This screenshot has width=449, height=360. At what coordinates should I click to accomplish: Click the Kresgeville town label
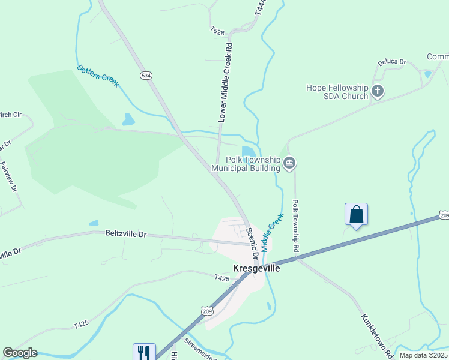pos(256,269)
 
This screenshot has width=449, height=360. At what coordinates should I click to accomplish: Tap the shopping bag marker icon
pos(356,214)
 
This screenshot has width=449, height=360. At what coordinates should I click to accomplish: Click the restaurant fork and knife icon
pos(144,352)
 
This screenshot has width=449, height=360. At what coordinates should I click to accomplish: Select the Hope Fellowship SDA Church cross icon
pos(378,92)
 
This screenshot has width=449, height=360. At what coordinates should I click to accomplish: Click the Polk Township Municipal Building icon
pos(289,163)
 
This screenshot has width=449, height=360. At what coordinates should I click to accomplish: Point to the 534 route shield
pos(146,76)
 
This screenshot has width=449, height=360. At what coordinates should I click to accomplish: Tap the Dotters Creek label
pos(98,76)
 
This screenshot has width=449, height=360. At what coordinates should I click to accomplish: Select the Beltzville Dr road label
pos(125,233)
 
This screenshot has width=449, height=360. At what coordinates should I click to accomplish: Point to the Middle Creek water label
pos(271,231)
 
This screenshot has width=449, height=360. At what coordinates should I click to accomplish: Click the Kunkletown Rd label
pos(377,334)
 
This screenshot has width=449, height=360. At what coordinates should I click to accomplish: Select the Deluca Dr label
pos(392,62)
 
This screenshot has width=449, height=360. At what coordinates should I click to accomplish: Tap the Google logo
pos(20,353)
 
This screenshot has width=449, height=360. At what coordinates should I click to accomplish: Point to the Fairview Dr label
pos(9,177)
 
